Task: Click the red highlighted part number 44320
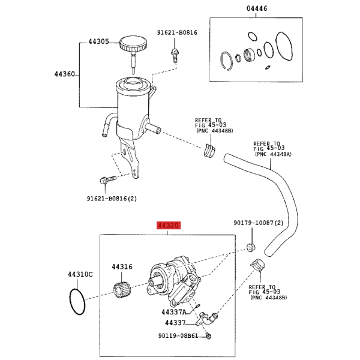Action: coord(169,225)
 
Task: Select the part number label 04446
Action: coord(257,8)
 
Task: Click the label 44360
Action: coord(65,74)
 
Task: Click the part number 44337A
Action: coord(174,312)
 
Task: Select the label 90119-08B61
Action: coord(178,336)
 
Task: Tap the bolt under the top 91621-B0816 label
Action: coord(175,56)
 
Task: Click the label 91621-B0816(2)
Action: coord(112,199)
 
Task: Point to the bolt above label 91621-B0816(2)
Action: coord(108,179)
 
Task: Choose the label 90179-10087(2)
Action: coord(258,223)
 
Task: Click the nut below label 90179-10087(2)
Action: coord(251,247)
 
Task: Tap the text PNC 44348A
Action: coord(274,154)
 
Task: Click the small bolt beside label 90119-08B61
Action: coord(208,336)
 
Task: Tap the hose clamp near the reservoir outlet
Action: coord(209,151)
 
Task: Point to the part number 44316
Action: coord(122,267)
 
